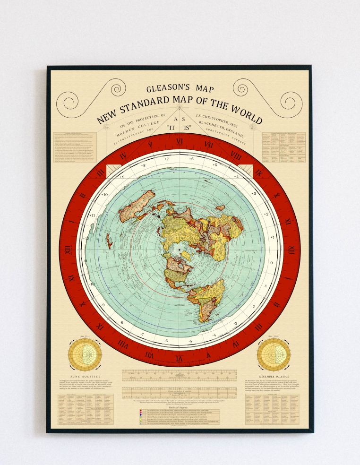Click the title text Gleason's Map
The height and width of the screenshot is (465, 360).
[180, 89]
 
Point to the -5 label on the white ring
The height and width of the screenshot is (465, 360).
[190, 340]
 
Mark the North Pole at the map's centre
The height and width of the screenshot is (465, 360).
[180, 248]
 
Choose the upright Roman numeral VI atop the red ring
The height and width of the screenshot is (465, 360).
[180, 141]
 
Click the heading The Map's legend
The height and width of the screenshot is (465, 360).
[180, 406]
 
